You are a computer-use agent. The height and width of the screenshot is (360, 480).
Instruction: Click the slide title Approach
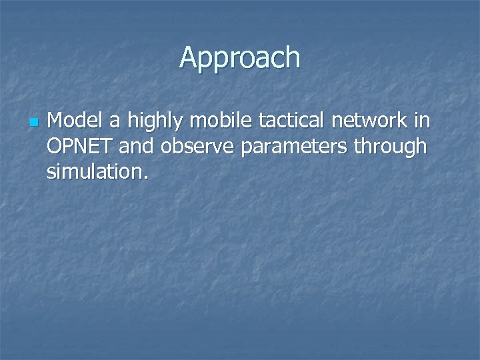click(240, 58)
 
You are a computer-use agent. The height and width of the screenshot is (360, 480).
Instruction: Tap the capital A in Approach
click(189, 58)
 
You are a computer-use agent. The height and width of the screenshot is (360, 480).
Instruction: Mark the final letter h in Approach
click(293, 58)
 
